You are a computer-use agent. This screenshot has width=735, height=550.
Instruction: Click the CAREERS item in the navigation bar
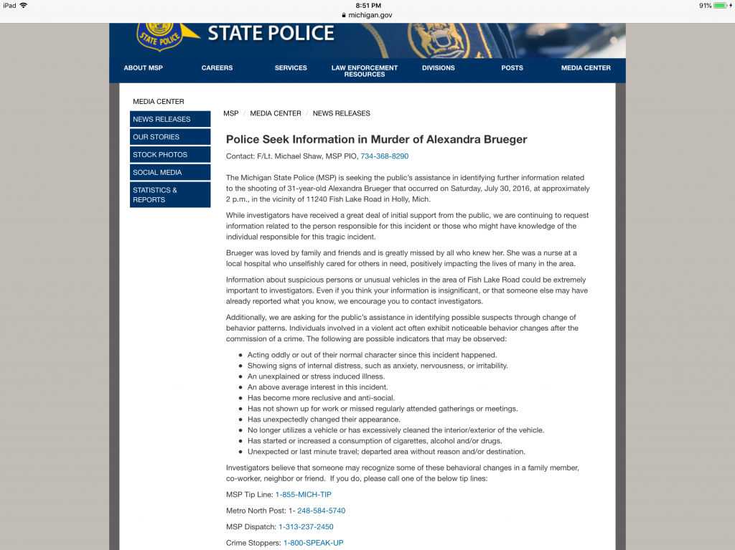click(x=217, y=68)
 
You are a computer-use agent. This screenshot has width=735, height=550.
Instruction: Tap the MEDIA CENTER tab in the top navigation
click(x=586, y=68)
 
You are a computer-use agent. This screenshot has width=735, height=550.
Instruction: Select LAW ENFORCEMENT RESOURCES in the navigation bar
click(x=364, y=71)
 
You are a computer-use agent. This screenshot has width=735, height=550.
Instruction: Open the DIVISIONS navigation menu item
click(x=438, y=68)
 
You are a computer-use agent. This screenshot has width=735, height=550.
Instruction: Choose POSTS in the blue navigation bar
click(x=512, y=68)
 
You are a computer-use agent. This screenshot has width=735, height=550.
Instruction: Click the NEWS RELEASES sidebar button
click(x=170, y=119)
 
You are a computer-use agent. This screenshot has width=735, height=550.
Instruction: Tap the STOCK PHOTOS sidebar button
click(x=170, y=155)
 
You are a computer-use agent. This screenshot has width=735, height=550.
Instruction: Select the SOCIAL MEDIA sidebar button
click(x=170, y=173)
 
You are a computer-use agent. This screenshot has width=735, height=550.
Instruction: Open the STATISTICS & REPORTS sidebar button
click(x=170, y=195)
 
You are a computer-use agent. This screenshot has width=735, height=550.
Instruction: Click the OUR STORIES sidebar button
click(x=170, y=137)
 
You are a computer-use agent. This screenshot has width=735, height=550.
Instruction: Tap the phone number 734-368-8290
click(x=384, y=156)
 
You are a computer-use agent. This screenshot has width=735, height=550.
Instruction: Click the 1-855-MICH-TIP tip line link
click(x=303, y=495)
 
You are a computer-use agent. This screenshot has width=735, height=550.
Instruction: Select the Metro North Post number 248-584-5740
click(x=321, y=511)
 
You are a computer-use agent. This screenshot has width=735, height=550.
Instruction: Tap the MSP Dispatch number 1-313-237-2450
click(x=306, y=527)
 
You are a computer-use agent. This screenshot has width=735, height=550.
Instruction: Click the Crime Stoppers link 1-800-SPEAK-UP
click(x=313, y=543)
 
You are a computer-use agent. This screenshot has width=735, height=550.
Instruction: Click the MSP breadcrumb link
click(x=230, y=113)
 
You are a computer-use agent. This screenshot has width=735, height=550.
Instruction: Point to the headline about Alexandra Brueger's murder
click(x=376, y=140)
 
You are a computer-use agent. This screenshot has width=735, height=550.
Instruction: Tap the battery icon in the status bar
click(x=720, y=6)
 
